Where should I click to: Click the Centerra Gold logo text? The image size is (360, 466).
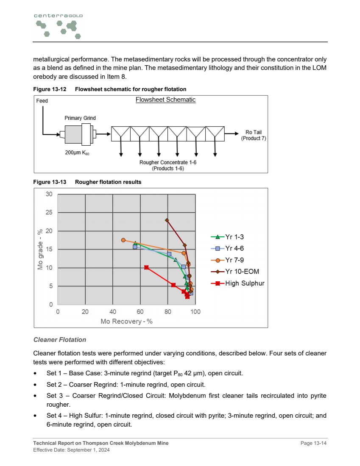pyautogui.click(x=58, y=16)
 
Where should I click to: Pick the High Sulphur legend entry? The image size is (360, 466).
pyautogui.click(x=244, y=283)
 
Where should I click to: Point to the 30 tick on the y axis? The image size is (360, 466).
pyautogui.click(x=50, y=194)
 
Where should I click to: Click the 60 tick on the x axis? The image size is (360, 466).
pyautogui.click(x=140, y=312)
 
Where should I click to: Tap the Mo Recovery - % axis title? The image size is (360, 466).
pyautogui.click(x=126, y=321)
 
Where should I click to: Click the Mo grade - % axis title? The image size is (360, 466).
pyautogui.click(x=40, y=250)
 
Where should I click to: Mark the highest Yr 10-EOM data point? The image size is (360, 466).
pyautogui.click(x=167, y=220)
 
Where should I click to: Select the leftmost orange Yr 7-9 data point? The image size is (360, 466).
pyautogui.click(x=123, y=240)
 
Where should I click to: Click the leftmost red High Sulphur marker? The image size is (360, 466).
pyautogui.click(x=146, y=267)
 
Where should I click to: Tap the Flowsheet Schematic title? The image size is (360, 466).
pyautogui.click(x=165, y=100)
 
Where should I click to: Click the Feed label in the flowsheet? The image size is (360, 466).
pyautogui.click(x=42, y=101)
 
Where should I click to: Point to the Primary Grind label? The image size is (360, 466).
pyautogui.click(x=80, y=118)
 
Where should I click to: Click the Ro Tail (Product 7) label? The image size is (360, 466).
pyautogui.click(x=254, y=136)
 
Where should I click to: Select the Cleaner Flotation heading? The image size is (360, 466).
pyautogui.click(x=59, y=340)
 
